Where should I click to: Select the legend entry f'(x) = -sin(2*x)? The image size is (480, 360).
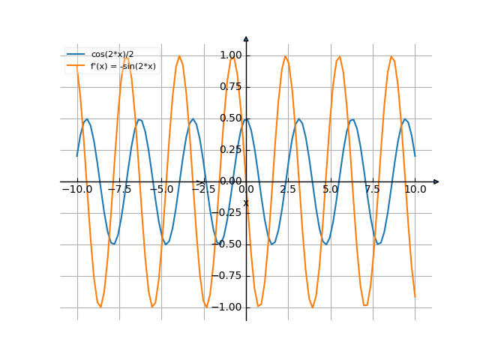(123, 66)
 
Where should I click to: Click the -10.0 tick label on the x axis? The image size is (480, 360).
(76, 190)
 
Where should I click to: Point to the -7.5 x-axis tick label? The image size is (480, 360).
(119, 190)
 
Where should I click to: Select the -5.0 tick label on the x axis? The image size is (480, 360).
(161, 190)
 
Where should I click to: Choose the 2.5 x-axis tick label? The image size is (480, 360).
(288, 190)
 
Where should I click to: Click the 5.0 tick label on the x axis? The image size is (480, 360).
(331, 190)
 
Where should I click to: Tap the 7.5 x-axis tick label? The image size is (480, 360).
(373, 190)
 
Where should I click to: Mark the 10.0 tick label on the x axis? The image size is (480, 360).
(415, 190)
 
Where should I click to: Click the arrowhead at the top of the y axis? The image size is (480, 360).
(246, 38)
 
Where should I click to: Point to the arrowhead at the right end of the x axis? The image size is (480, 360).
(436, 181)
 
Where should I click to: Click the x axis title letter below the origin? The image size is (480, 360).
(245, 202)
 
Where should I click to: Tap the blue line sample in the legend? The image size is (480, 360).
(76, 55)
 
